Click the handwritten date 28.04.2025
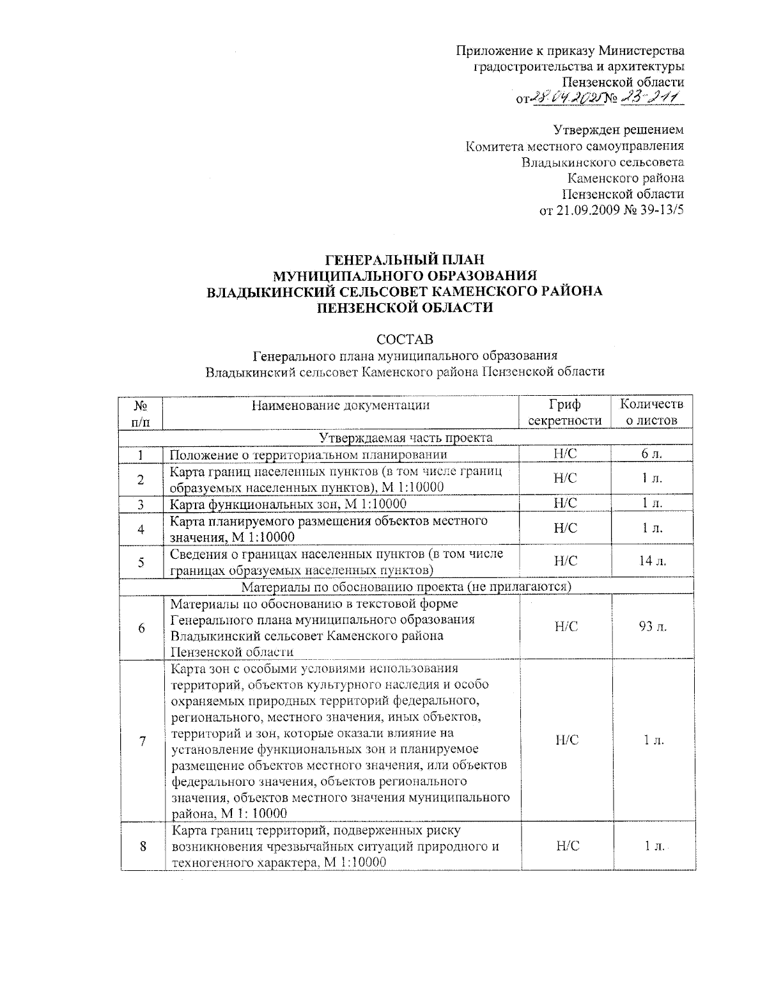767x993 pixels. click(x=563, y=98)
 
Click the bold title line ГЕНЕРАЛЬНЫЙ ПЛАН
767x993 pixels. click(x=405, y=260)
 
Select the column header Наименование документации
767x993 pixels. click(x=340, y=405)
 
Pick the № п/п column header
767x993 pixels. click(x=142, y=412)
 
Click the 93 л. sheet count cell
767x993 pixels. click(x=653, y=627)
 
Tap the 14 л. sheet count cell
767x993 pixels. click(x=653, y=561)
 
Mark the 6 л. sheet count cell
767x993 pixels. click(x=653, y=454)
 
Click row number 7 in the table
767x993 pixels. click(x=142, y=740)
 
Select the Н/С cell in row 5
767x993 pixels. click(x=565, y=561)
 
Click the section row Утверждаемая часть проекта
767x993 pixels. click(x=406, y=438)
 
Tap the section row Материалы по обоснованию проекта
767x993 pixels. click(x=406, y=586)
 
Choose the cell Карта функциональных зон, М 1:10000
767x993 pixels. click(x=288, y=504)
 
